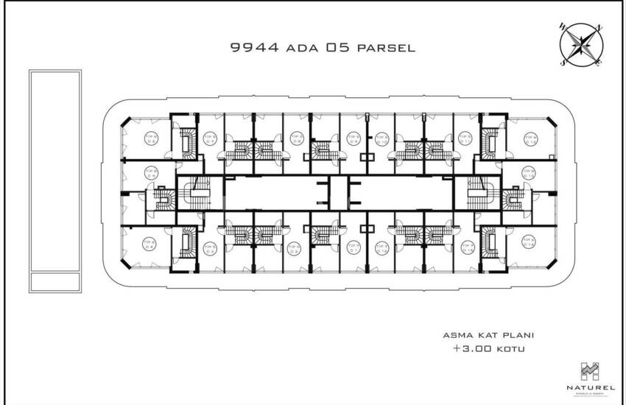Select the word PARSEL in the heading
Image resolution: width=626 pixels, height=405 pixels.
tap(387, 49)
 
